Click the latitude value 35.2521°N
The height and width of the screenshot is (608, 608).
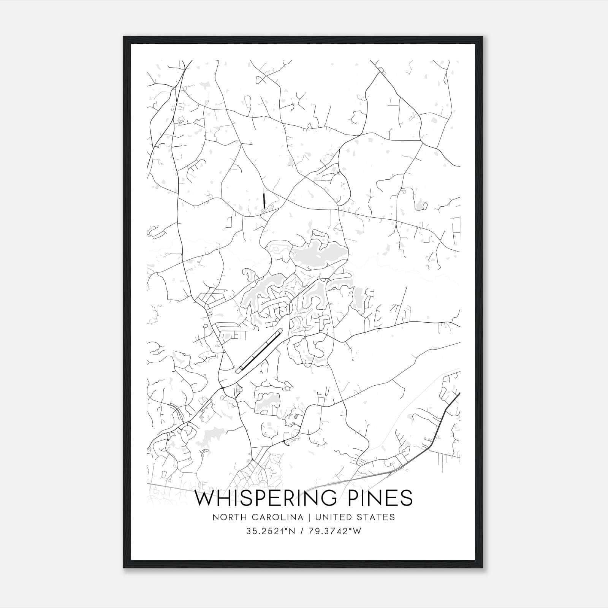(271, 531)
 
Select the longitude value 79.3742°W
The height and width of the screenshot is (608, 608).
(334, 531)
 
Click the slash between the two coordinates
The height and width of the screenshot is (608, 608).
(302, 531)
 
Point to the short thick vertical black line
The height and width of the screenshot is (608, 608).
(264, 200)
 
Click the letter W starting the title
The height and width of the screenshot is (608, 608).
(205, 498)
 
